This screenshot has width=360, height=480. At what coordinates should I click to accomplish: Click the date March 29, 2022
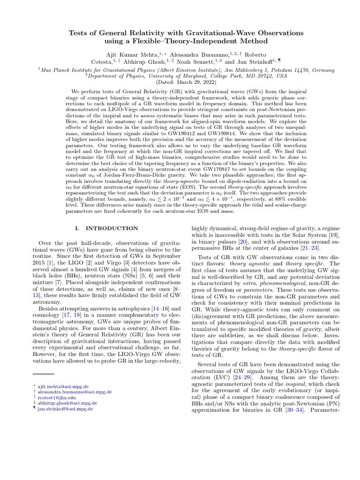click(186, 81)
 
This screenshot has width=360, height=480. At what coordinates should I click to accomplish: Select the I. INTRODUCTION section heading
click(106, 228)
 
